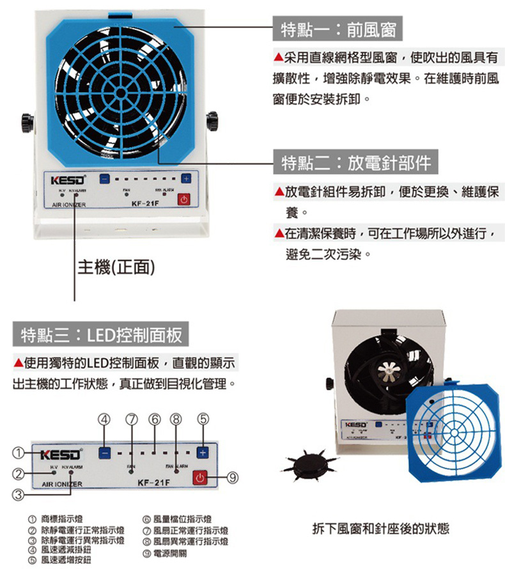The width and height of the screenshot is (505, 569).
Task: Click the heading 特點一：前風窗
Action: pyautogui.click(x=338, y=29)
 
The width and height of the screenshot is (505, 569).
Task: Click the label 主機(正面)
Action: pyautogui.click(x=116, y=267)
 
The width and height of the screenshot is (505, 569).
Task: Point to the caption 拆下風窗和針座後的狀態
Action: pyautogui.click(x=380, y=529)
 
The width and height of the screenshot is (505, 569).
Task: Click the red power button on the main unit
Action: pyautogui.click(x=184, y=199)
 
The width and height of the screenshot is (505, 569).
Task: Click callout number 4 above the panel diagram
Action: pyautogui.click(x=106, y=420)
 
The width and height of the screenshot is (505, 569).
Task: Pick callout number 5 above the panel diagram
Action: pyautogui.click(x=203, y=420)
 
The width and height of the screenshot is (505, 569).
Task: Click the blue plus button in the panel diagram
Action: pyautogui.click(x=203, y=453)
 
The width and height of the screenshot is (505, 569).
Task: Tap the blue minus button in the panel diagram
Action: pyautogui.click(x=106, y=453)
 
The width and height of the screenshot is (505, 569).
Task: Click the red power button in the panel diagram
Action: pyautogui.click(x=201, y=477)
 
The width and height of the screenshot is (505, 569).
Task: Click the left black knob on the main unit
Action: pyautogui.click(x=26, y=120)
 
